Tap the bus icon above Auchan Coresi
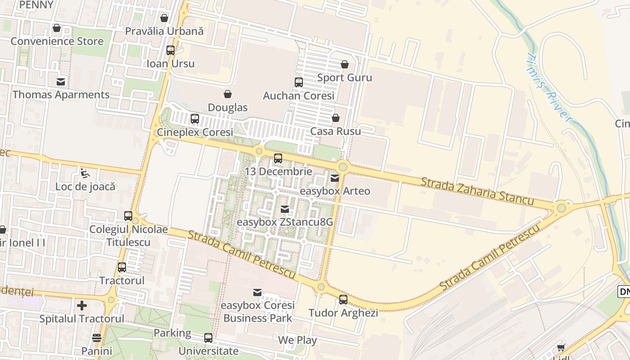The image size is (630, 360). [x=299, y=82]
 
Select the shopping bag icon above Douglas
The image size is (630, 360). [x=228, y=94]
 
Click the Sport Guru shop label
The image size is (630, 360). [x=345, y=77]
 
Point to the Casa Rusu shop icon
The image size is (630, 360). [x=336, y=118]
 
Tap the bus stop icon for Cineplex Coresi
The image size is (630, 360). [x=195, y=119]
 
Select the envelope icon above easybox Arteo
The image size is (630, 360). [x=335, y=178]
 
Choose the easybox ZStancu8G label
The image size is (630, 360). [x=285, y=222]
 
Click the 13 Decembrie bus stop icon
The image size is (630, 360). [x=278, y=158]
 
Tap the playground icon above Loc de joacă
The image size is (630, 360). [x=85, y=173]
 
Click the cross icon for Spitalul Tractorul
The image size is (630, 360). [x=82, y=306]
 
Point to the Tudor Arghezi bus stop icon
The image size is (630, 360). [x=343, y=300]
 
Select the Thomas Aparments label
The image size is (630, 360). [x=61, y=94]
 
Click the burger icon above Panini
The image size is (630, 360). [x=97, y=337]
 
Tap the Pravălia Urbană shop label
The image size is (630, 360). [x=164, y=31]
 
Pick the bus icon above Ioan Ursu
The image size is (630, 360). [x=171, y=50]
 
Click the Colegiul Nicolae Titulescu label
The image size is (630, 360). [x=128, y=236]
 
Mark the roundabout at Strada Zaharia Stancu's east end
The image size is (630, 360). [x=561, y=208]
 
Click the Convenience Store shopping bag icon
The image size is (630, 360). [x=57, y=28]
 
